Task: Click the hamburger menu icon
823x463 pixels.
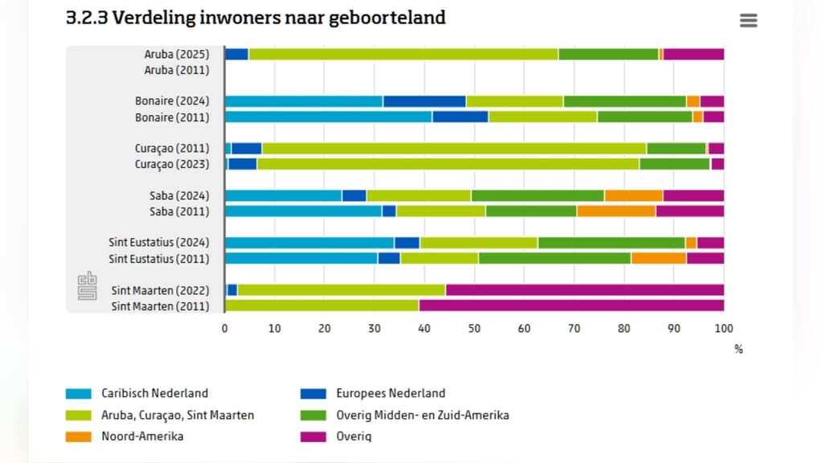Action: click(x=748, y=21)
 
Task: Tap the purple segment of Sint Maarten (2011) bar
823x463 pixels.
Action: click(x=571, y=306)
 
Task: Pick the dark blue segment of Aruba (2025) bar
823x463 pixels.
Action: click(x=236, y=55)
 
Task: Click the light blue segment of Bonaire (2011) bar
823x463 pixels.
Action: click(x=328, y=117)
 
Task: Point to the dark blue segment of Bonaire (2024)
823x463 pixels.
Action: click(x=424, y=101)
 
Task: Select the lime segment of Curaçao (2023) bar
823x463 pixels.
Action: click(x=448, y=164)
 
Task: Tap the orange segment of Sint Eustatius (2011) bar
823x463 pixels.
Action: click(x=658, y=259)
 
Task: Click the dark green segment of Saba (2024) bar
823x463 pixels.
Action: click(x=538, y=195)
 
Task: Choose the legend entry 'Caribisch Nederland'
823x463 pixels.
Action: click(x=154, y=393)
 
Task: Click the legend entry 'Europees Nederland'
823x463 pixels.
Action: click(x=391, y=393)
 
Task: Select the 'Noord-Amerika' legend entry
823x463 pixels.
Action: click(x=141, y=436)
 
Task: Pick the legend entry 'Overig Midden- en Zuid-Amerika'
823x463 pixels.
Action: click(x=422, y=415)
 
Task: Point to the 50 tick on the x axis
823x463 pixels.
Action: click(x=474, y=328)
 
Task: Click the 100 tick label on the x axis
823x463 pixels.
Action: click(x=724, y=328)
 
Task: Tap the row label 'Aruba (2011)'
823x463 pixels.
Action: click(x=177, y=70)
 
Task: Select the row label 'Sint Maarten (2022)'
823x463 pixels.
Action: click(x=160, y=290)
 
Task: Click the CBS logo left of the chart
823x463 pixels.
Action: click(x=87, y=285)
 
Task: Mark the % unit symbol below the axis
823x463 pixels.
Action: click(x=739, y=350)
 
